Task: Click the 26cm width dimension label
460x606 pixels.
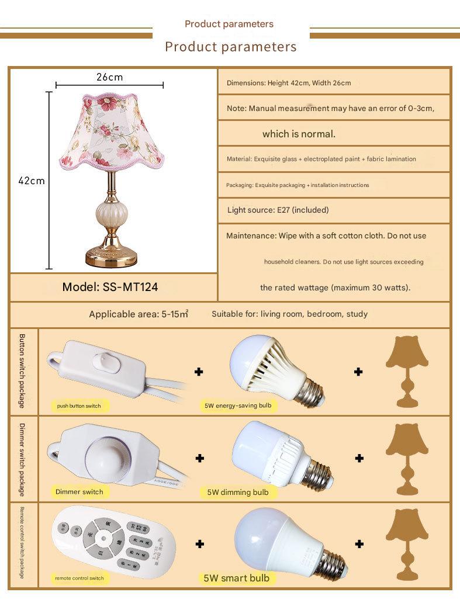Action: pyautogui.click(x=110, y=77)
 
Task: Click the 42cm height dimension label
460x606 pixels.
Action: pyautogui.click(x=32, y=181)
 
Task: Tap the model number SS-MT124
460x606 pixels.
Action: pyautogui.click(x=110, y=287)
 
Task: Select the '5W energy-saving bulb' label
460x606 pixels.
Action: pyautogui.click(x=237, y=405)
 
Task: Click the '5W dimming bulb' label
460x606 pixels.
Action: pyautogui.click(x=238, y=492)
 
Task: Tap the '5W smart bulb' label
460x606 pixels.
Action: pyautogui.click(x=237, y=578)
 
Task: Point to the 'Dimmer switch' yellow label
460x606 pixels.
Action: pyautogui.click(x=79, y=491)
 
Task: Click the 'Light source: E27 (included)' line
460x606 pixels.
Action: pyautogui.click(x=278, y=210)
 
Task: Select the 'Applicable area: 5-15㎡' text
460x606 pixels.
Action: pyautogui.click(x=139, y=314)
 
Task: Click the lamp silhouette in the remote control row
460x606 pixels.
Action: pyautogui.click(x=407, y=543)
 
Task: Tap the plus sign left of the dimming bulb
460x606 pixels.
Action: pyautogui.click(x=199, y=458)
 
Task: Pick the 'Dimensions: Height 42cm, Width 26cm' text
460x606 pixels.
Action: pyautogui.click(x=289, y=83)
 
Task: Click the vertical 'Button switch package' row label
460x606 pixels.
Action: pyautogui.click(x=22, y=371)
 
